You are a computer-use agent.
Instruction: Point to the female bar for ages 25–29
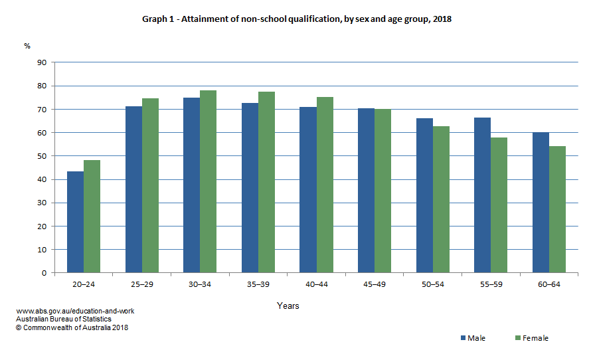[150, 185]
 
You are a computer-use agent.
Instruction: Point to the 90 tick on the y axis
[42, 62]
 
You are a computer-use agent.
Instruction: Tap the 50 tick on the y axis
[42, 156]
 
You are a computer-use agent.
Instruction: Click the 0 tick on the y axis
[44, 273]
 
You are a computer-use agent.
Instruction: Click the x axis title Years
[288, 306]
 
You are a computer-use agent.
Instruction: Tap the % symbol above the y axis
[27, 46]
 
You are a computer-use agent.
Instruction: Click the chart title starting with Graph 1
[296, 19]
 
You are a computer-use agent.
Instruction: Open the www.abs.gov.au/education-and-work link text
[75, 311]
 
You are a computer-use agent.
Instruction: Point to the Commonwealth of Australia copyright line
[72, 327]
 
